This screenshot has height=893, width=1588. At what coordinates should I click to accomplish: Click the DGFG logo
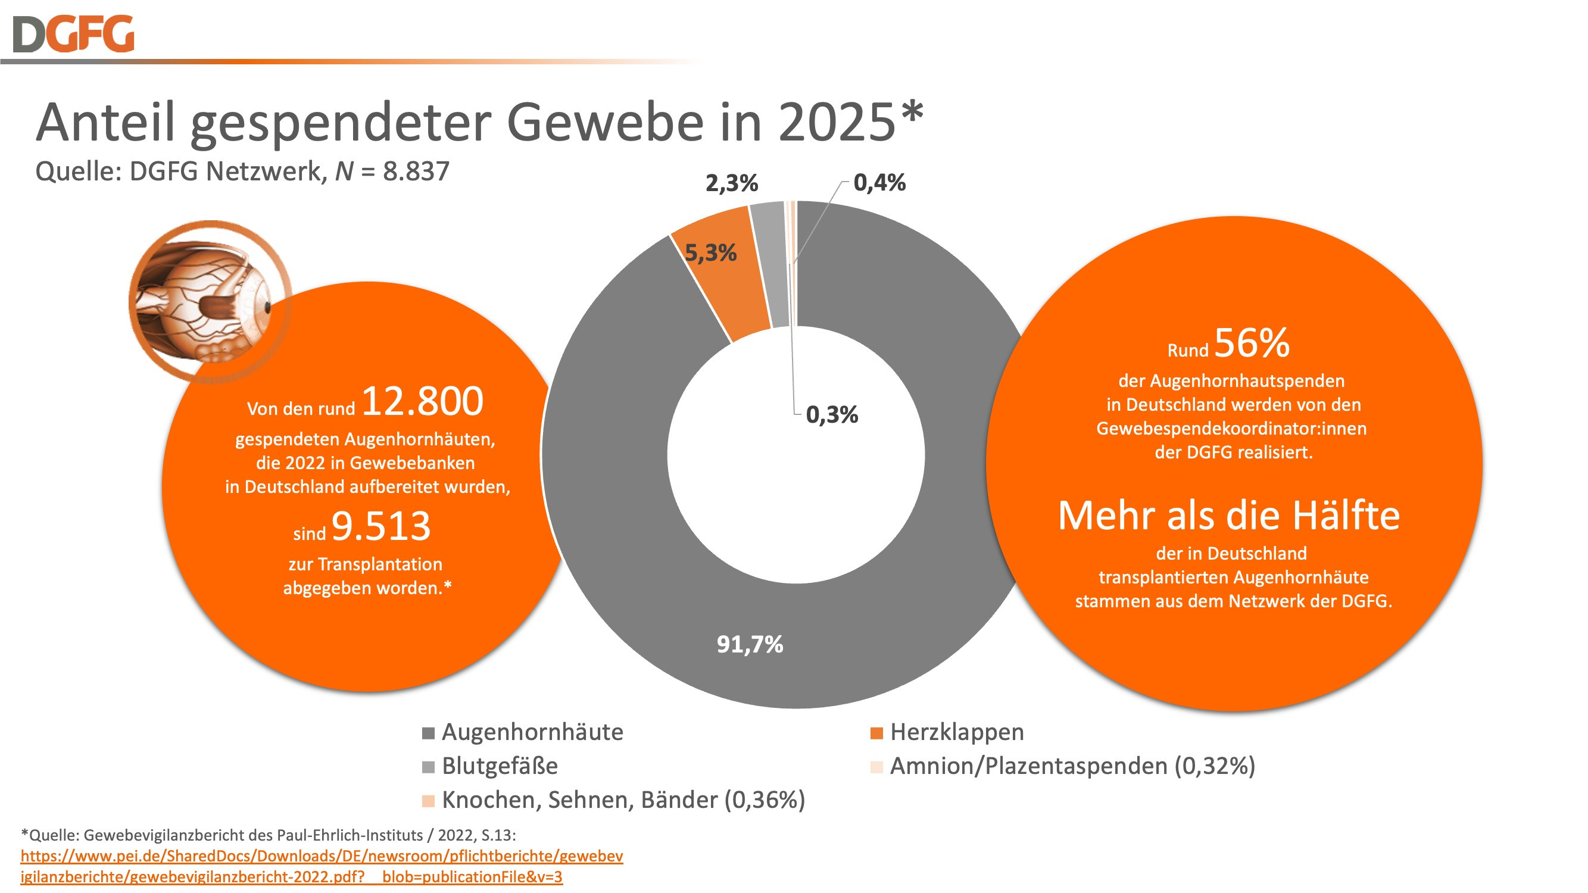73,34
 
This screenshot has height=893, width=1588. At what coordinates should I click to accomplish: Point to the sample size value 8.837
416,171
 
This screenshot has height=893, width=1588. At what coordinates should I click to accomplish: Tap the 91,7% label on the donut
750,645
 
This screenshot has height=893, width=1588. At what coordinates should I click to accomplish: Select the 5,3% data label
711,252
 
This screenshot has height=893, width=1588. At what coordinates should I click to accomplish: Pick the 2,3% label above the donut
732,183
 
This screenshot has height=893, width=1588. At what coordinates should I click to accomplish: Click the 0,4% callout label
879,182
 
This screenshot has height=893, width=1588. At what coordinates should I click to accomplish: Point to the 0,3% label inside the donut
832,415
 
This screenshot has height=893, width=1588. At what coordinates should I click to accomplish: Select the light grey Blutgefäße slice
773,265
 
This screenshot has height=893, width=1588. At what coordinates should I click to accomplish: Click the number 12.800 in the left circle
422,401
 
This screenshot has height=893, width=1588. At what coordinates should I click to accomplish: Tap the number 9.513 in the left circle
381,526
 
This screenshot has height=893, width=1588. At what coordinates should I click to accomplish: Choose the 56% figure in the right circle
1252,343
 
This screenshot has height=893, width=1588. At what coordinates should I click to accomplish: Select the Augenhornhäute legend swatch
429,733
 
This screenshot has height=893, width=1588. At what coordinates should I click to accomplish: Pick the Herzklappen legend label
957,732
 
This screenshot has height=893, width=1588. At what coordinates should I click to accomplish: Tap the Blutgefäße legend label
500,766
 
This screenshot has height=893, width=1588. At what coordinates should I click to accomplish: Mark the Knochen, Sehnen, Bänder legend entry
623,800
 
